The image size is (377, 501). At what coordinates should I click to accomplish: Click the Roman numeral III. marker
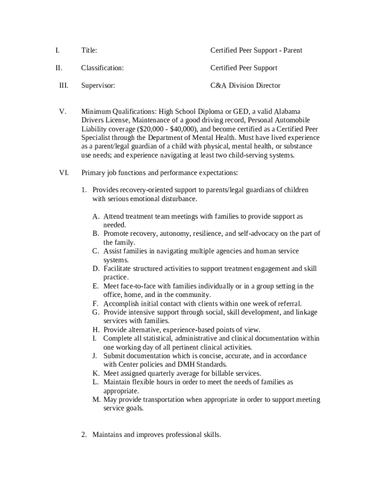point(64,86)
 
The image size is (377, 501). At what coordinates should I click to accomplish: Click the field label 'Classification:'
point(102,68)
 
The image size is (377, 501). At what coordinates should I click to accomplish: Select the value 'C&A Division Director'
point(245,86)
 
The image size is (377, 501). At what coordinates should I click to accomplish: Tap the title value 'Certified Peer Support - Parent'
point(256,50)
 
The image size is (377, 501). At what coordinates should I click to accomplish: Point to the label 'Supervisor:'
point(98,86)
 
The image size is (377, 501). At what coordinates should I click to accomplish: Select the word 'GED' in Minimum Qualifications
point(241,111)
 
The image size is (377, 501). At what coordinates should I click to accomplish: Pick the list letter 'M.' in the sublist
point(96,400)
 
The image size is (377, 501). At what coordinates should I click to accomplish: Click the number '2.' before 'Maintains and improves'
point(84,434)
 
